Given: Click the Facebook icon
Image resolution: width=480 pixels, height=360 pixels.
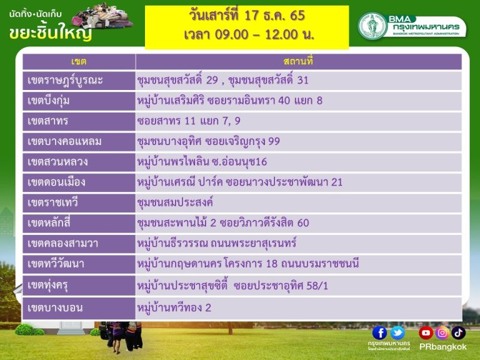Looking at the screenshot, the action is [x=379, y=333].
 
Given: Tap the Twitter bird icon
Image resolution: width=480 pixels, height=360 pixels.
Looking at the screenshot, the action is [x=397, y=333].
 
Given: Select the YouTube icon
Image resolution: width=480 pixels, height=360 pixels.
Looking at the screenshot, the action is [x=426, y=333].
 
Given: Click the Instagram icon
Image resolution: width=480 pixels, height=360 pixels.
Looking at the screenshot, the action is [x=442, y=333].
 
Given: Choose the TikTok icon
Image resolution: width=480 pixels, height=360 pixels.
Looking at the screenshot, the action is [x=458, y=333].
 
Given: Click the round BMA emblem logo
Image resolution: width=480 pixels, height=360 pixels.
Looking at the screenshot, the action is [x=372, y=26].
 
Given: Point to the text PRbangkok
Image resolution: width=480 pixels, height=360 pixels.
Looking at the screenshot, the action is [x=442, y=347].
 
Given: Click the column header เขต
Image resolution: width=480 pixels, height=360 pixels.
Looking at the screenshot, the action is [x=79, y=61].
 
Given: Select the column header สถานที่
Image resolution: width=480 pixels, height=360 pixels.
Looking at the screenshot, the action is [x=298, y=61].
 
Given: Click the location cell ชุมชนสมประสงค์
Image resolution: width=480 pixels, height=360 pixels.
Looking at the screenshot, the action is [x=175, y=202].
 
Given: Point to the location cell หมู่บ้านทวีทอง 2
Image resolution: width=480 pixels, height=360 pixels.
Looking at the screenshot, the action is [x=174, y=307].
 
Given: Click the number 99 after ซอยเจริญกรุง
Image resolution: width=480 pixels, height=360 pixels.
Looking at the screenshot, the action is [x=274, y=141].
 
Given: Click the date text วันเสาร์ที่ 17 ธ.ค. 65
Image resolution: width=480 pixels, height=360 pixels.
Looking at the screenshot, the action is [x=247, y=15].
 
